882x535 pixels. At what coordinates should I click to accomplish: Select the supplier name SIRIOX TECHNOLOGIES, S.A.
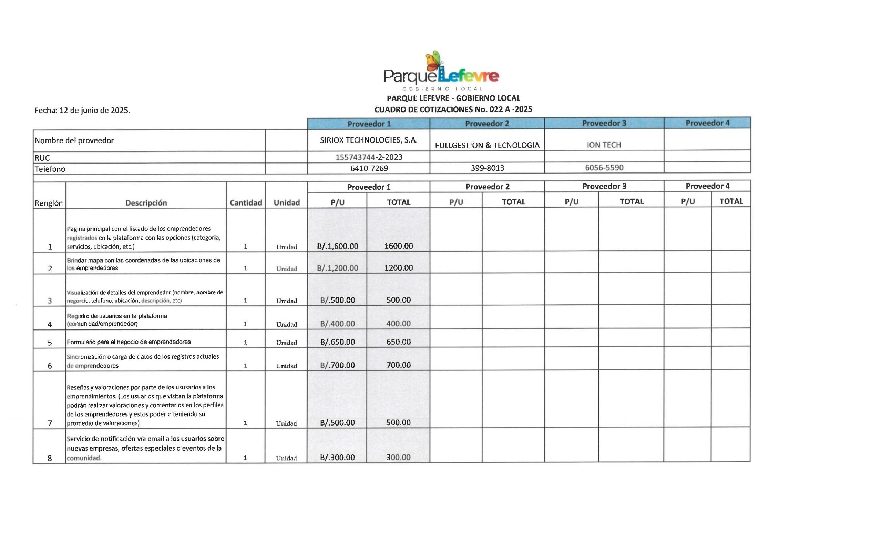(x=369, y=140)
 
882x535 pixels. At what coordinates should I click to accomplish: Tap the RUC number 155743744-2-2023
(x=369, y=157)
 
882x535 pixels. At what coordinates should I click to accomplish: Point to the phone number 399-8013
(x=487, y=168)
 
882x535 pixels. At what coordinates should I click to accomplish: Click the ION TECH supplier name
(x=604, y=145)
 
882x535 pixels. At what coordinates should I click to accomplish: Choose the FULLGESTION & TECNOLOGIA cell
(x=487, y=145)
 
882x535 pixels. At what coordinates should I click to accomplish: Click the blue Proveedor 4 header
(x=707, y=123)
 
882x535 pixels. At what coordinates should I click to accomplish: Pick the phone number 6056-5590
(x=604, y=168)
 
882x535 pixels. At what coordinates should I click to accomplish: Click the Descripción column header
(x=146, y=203)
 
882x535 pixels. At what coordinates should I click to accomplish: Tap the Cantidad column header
(x=246, y=203)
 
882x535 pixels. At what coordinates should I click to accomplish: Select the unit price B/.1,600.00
(x=337, y=246)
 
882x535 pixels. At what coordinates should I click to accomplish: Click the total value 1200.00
(x=398, y=268)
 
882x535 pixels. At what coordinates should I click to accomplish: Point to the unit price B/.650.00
(x=337, y=342)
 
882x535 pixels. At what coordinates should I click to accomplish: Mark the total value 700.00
(x=398, y=365)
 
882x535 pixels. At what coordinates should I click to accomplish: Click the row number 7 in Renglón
(x=50, y=423)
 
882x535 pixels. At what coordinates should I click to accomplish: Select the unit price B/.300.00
(x=337, y=458)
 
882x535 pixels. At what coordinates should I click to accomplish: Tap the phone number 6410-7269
(x=369, y=168)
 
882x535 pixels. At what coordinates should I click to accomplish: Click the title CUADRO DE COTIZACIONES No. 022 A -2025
(x=453, y=109)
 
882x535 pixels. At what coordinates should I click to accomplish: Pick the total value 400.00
(x=398, y=324)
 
